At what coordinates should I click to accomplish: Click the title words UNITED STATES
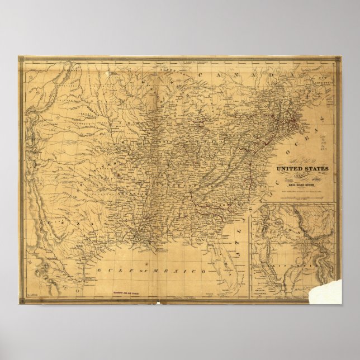pyautogui.click(x=302, y=168)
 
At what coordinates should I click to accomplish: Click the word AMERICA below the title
pyautogui.click(x=302, y=174)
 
